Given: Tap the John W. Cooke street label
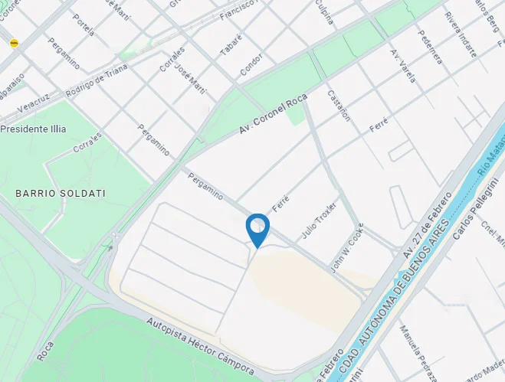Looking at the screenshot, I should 347,248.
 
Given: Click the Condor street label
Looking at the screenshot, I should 251,67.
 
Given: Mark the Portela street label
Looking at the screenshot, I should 84,25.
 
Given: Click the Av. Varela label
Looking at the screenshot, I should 403,66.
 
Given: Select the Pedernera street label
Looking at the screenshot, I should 430,46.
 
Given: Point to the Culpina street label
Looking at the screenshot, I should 325,13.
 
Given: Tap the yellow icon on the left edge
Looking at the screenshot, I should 14,43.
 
